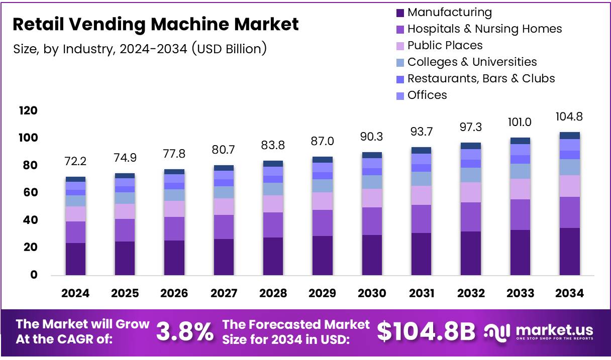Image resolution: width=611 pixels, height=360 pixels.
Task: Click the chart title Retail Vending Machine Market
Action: pyautogui.click(x=155, y=24)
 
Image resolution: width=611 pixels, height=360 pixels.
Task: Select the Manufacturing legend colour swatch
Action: pyautogui.click(x=400, y=13)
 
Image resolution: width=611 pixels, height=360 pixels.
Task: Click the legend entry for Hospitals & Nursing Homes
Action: pyautogui.click(x=484, y=29)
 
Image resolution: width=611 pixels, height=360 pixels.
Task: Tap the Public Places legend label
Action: pyautogui.click(x=445, y=46)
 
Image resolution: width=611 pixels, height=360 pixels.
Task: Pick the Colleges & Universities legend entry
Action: pyautogui.click(x=472, y=62)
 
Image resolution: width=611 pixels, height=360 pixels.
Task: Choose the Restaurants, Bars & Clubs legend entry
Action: pyautogui.click(x=481, y=79)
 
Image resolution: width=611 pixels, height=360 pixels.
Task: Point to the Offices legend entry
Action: pyautogui.click(x=427, y=95)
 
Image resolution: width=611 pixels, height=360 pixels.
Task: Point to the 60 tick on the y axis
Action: pyautogui.click(x=30, y=193)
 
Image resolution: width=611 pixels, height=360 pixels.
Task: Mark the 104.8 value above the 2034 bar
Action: pyautogui.click(x=570, y=117)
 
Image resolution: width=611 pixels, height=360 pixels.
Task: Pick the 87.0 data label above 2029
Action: pyautogui.click(x=323, y=142)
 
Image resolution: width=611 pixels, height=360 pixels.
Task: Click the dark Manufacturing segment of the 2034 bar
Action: pyautogui.click(x=570, y=251)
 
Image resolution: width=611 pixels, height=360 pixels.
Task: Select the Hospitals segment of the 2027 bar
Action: pyautogui.click(x=224, y=226)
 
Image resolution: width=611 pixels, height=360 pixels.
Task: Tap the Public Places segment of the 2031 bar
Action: pyautogui.click(x=421, y=195)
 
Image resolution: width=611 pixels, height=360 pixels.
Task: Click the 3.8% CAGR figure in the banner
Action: pyautogui.click(x=184, y=332)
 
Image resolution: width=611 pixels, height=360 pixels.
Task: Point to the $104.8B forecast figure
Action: pyautogui.click(x=426, y=331)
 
